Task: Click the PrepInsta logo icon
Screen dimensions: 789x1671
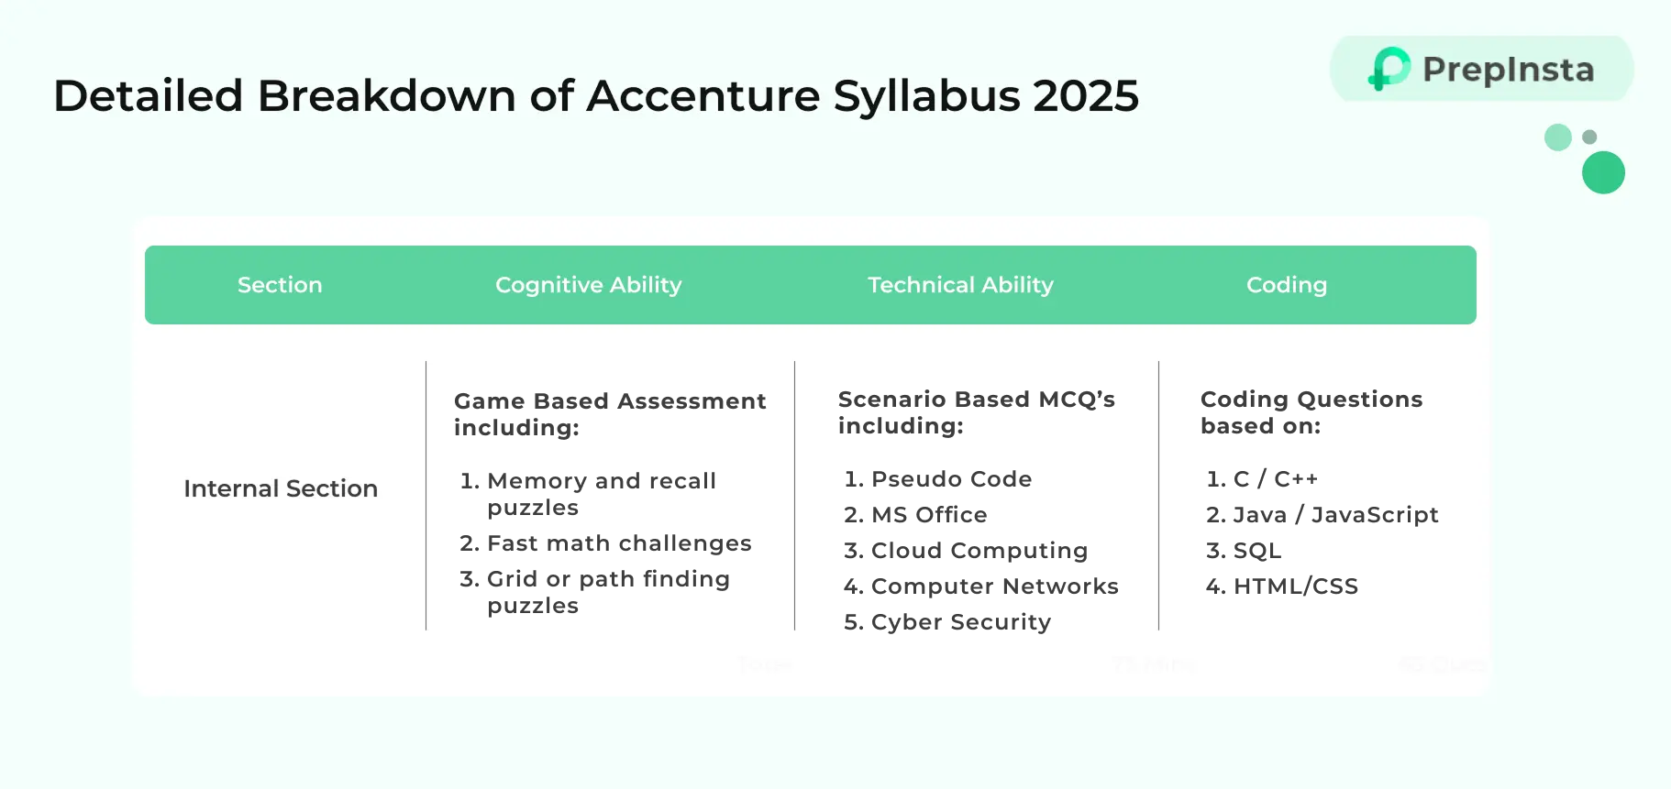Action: click(x=1389, y=69)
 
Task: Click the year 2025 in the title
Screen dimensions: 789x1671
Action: click(x=1086, y=96)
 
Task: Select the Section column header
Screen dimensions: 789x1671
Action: click(x=280, y=285)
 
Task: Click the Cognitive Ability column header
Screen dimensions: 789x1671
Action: click(x=588, y=285)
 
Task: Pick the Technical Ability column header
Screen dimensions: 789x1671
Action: click(x=960, y=285)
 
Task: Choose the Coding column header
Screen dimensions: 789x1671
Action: click(x=1286, y=285)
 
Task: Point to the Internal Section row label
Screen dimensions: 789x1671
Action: click(x=281, y=488)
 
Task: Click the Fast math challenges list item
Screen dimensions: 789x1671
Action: click(x=619, y=543)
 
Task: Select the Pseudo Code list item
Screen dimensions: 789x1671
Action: click(x=951, y=479)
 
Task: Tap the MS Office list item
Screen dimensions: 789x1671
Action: click(x=929, y=515)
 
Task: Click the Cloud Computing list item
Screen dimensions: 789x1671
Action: click(x=979, y=551)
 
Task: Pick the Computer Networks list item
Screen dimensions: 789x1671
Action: click(x=994, y=586)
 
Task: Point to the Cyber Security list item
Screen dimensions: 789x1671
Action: click(x=960, y=622)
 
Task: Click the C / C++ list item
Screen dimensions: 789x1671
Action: click(x=1275, y=479)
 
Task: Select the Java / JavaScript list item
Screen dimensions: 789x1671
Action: click(x=1335, y=515)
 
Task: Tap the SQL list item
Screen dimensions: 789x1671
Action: click(x=1256, y=551)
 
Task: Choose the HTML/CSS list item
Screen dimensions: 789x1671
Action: click(x=1295, y=586)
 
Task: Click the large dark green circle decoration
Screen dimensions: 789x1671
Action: click(x=1603, y=172)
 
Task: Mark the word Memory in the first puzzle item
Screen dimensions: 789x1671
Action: click(x=537, y=481)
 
